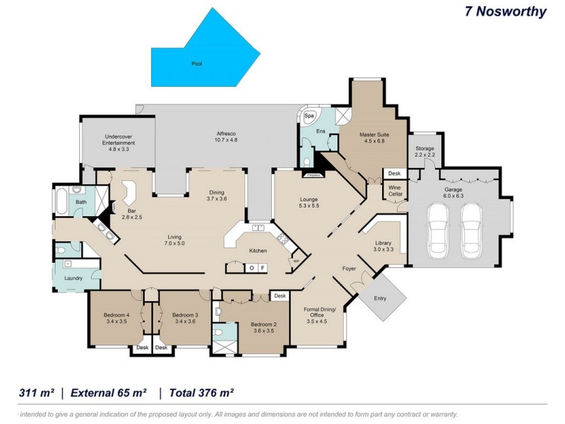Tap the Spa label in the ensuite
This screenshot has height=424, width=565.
[309, 115]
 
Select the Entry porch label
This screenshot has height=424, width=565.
[380, 298]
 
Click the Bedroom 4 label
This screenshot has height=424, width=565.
[117, 317]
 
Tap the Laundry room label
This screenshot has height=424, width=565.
[73, 278]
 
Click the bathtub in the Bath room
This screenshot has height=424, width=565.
[62, 203]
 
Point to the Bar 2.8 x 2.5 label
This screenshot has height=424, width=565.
[131, 213]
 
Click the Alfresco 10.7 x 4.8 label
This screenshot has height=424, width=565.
[226, 136]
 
